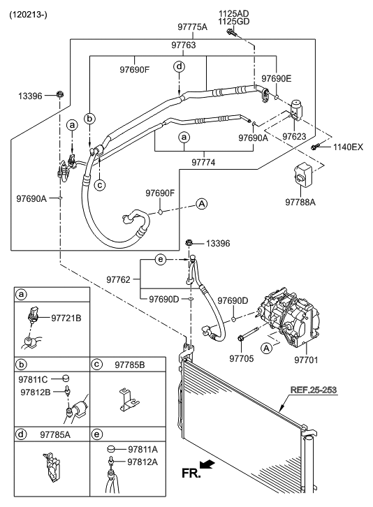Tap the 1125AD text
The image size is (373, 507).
pos(234,13)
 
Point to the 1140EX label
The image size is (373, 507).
pos(348,147)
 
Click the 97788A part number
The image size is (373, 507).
pos(301,203)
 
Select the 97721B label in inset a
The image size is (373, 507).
pos(66,318)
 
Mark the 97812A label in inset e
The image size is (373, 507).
pos(142,462)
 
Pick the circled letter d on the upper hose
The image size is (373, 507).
pos(180,66)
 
